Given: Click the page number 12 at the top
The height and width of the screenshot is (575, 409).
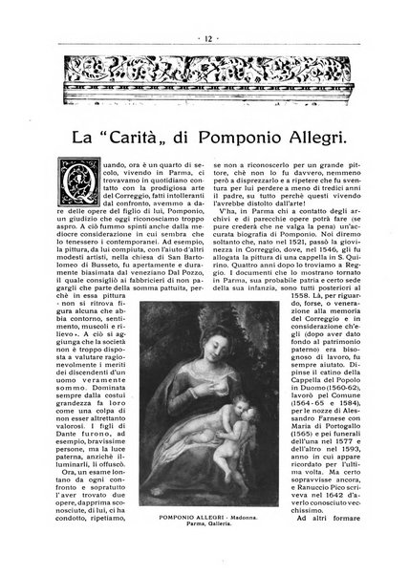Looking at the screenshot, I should (204, 12).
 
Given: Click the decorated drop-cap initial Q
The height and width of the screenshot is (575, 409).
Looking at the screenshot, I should (76, 185).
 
